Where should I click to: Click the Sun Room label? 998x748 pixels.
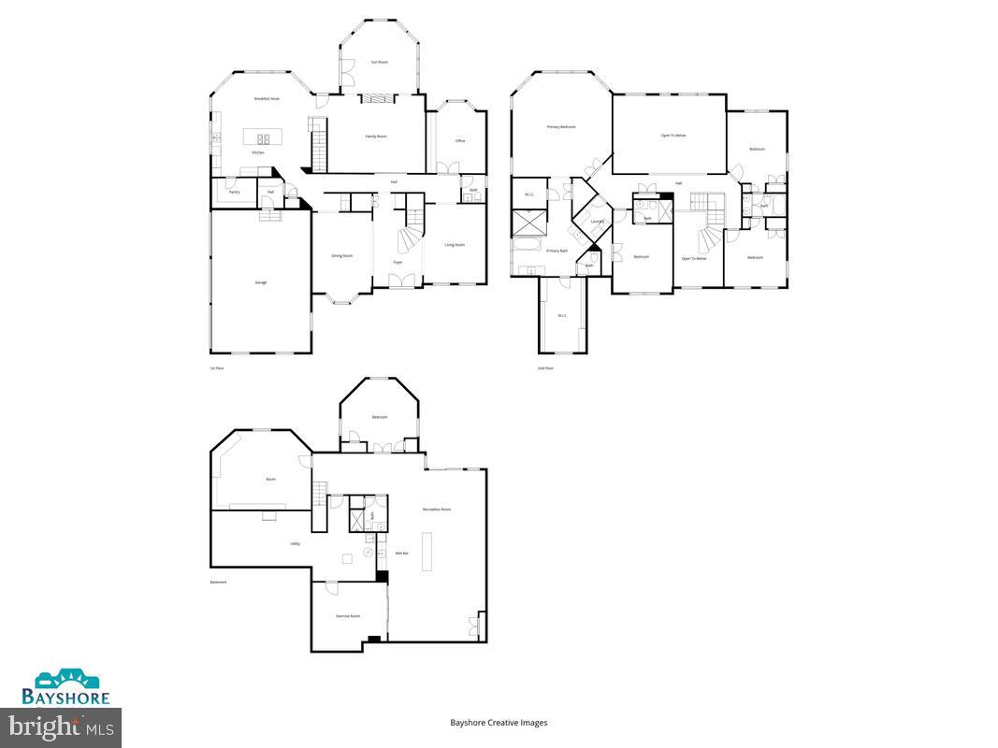(379, 62)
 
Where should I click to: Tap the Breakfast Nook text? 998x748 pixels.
(268, 98)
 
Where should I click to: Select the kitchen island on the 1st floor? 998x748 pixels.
(257, 137)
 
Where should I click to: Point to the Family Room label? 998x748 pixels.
(376, 137)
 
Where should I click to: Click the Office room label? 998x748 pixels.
(460, 141)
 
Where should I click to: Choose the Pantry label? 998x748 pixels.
(234, 192)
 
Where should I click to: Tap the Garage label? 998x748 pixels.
(261, 281)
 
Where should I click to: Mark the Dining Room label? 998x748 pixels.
(342, 255)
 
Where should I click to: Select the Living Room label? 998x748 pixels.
(455, 245)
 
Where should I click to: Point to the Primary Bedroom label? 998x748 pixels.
(561, 126)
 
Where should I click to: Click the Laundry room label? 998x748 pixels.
(597, 222)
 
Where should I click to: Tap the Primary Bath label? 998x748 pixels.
(557, 251)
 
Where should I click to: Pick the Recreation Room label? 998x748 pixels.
(437, 510)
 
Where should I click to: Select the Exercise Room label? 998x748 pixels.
(349, 615)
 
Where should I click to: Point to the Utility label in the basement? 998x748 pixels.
(295, 543)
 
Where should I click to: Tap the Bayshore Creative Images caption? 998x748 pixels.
(499, 723)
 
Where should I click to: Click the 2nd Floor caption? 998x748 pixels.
(545, 368)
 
